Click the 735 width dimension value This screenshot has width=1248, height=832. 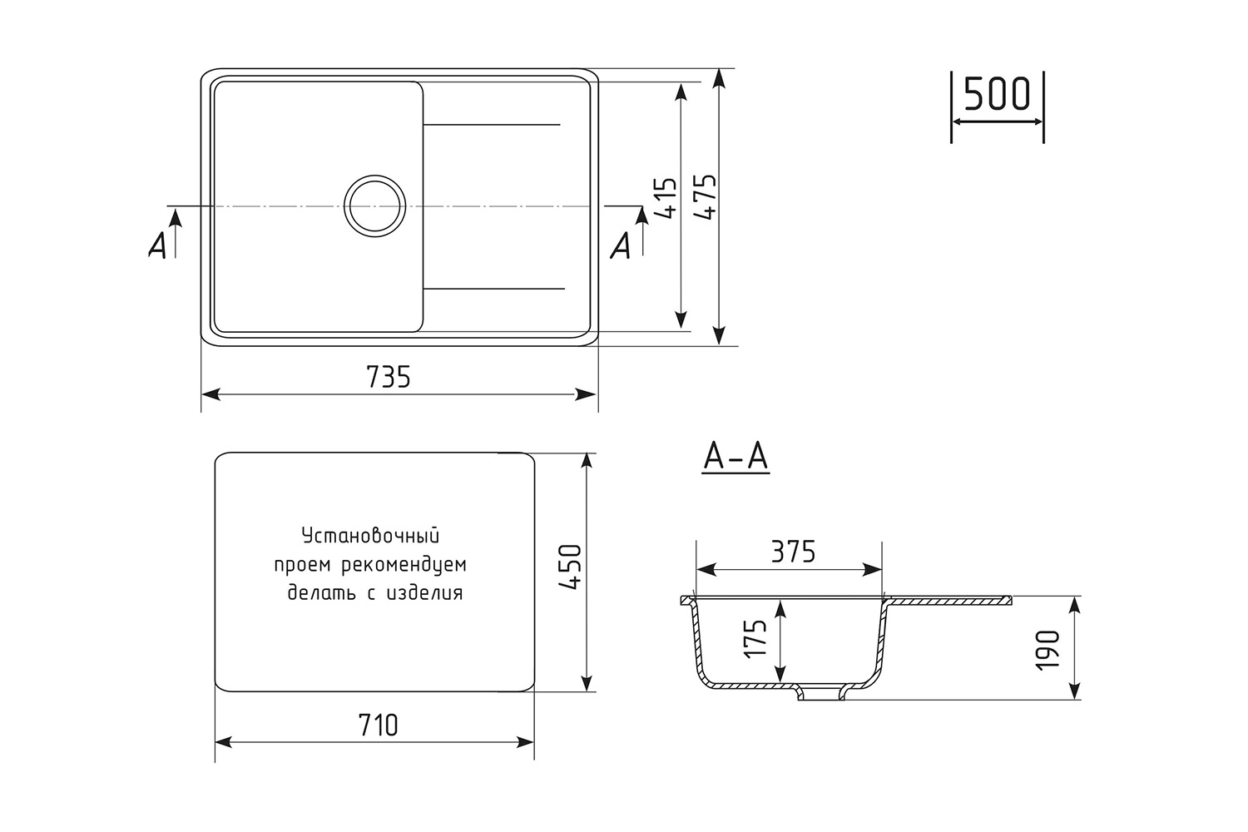389,377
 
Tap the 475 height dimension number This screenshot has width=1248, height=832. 707,198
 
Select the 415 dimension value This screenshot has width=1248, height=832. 667,198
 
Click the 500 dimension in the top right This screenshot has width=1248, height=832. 998,94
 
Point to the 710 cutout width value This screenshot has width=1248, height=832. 379,726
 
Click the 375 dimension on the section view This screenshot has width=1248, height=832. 794,552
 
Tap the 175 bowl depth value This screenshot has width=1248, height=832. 755,639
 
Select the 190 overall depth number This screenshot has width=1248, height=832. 1047,650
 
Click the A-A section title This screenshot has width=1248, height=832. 735,458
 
